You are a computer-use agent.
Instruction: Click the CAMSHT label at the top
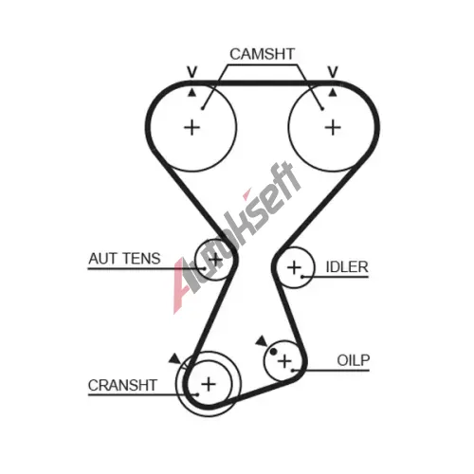coord(262,54)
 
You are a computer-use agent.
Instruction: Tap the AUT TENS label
coord(124,259)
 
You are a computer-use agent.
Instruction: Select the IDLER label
coord(347,267)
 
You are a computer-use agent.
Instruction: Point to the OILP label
coord(354,360)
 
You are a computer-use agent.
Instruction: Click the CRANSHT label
coord(122,385)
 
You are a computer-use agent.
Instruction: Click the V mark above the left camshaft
coord(191,72)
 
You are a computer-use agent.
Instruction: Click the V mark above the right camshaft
coord(333,72)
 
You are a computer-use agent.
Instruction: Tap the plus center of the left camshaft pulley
coord(191,128)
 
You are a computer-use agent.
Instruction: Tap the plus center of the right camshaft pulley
coord(333,128)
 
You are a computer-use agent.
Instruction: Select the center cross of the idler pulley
coord(294,267)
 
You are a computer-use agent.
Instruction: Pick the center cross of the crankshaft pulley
coord(209,384)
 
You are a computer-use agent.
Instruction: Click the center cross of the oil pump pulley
coord(284,361)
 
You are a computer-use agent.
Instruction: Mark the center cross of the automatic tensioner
coord(215,260)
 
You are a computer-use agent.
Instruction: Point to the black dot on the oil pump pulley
coord(273,351)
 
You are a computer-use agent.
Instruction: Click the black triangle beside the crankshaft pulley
coord(175,359)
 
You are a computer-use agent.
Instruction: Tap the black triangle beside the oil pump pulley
coord(263,341)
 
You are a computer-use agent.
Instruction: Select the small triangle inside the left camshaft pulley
coord(191,93)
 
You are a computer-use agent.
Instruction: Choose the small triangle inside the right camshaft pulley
coord(333,93)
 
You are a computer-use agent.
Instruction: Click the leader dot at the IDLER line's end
coord(302,277)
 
